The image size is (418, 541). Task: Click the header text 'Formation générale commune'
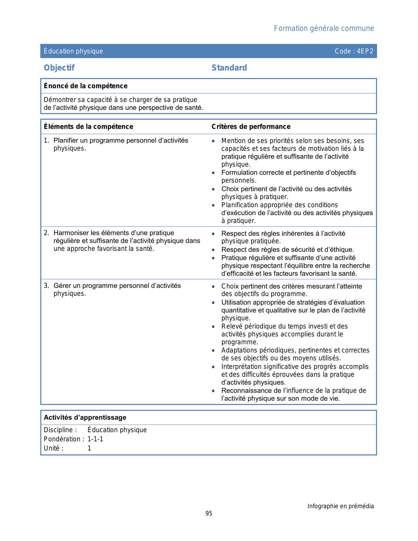(324, 29)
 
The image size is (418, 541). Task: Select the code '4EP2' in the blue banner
(365, 51)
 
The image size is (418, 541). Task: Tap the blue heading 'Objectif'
(59, 68)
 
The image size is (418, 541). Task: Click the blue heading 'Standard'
(229, 68)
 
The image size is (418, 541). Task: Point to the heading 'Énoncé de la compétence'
(86, 86)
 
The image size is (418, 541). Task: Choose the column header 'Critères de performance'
(251, 127)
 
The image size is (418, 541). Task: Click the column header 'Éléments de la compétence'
(89, 127)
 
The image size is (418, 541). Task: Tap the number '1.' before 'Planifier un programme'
(47, 141)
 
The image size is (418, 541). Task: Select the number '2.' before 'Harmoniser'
(47, 233)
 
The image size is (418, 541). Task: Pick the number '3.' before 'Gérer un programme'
(47, 286)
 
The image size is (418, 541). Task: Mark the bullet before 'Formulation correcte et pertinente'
(213, 173)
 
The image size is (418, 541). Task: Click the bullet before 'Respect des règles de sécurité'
(213, 250)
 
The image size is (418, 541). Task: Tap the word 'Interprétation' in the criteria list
(241, 367)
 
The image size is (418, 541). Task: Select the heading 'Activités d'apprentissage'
(85, 417)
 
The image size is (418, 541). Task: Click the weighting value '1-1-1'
(95, 439)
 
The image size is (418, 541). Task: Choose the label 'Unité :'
(54, 448)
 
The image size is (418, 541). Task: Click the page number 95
(209, 513)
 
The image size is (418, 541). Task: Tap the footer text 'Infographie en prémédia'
(340, 506)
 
